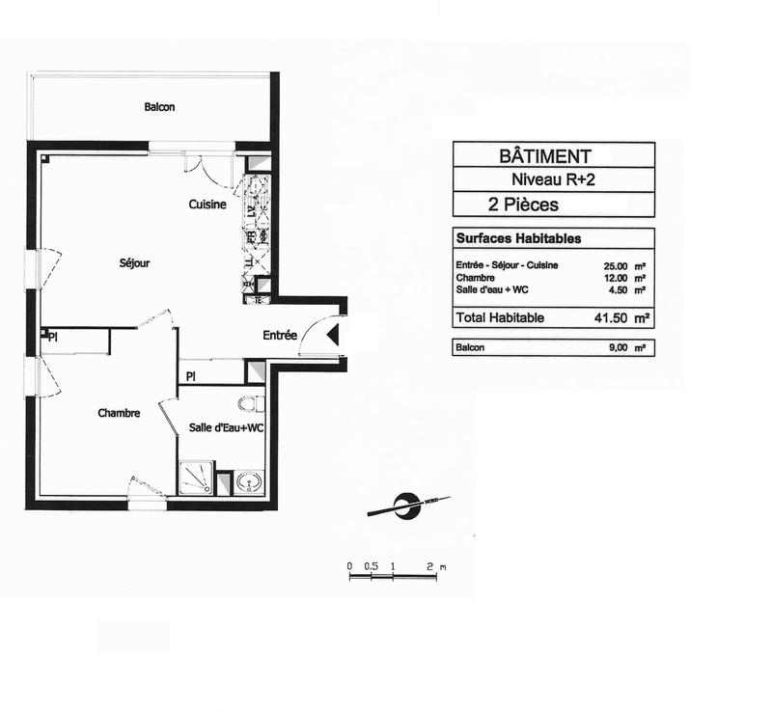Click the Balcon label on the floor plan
(x=159, y=107)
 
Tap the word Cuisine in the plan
(x=207, y=205)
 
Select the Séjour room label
(x=134, y=261)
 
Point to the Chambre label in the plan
(x=119, y=413)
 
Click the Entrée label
(x=280, y=336)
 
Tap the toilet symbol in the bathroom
(x=254, y=402)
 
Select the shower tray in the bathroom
(x=196, y=478)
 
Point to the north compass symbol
(x=407, y=504)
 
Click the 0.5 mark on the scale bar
(x=372, y=565)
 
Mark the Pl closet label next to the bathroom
(x=191, y=374)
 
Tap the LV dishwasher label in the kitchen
(x=249, y=211)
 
